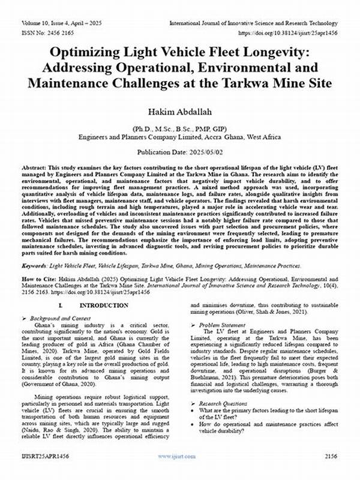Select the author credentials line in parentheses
[x=179, y=128]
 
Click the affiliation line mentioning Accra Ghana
[x=179, y=137]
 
